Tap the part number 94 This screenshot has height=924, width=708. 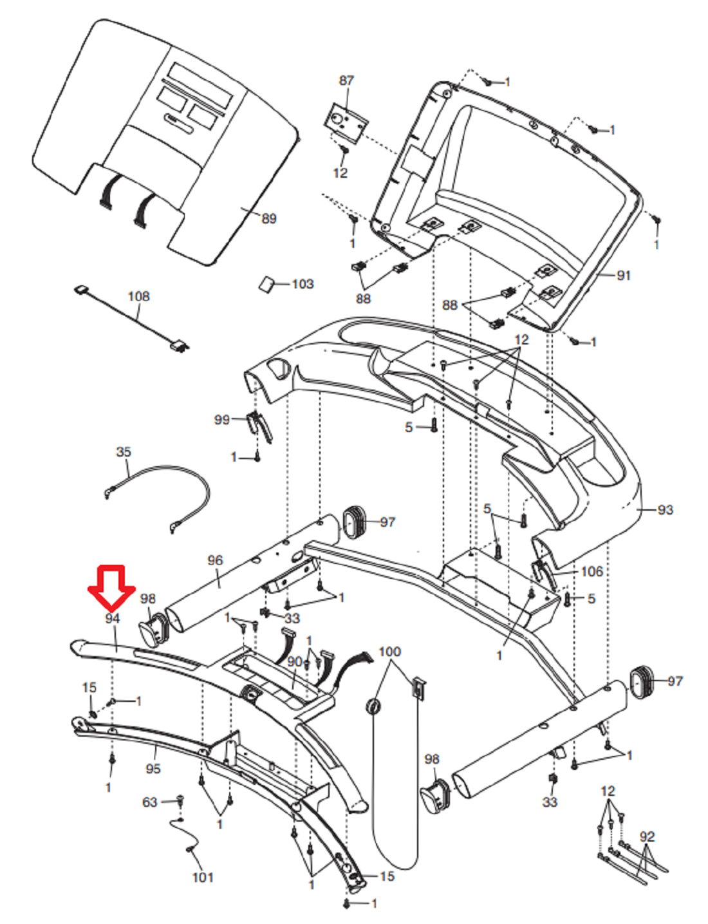point(113,618)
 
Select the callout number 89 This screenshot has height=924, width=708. point(268,218)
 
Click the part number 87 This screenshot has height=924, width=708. point(346,80)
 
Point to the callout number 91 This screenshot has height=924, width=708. point(624,276)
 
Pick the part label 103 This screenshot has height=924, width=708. point(303,283)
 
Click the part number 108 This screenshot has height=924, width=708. point(139,296)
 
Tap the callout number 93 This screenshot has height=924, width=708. point(666,509)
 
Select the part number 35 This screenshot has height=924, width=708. point(124,451)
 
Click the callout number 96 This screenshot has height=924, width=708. point(215,560)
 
